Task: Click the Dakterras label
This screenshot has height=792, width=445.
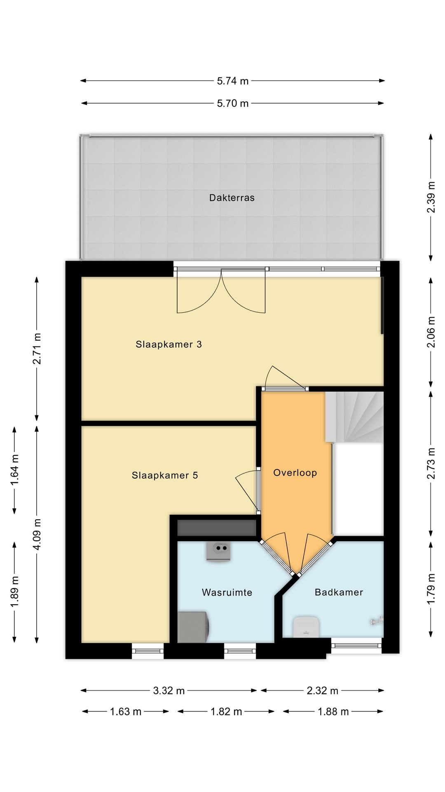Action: click(x=232, y=198)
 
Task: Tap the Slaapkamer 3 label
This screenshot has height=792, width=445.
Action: click(x=169, y=344)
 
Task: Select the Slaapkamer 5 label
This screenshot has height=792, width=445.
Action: click(x=165, y=475)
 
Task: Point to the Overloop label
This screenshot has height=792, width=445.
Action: click(x=295, y=473)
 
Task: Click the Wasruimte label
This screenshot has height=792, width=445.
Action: click(x=227, y=592)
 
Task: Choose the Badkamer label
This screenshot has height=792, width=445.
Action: click(x=339, y=592)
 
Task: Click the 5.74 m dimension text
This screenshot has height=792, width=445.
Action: click(x=233, y=81)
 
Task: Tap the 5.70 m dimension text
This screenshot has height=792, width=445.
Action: click(x=233, y=103)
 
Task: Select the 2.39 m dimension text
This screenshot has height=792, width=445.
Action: click(x=431, y=197)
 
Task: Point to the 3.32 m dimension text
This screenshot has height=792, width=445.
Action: click(x=169, y=691)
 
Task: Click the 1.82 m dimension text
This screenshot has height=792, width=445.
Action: click(x=226, y=712)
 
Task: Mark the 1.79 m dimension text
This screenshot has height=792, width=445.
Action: click(x=431, y=589)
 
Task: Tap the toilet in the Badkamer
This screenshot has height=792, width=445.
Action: click(x=305, y=627)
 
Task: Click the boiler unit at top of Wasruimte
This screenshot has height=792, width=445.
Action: click(x=218, y=552)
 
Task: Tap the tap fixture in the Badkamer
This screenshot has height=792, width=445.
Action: click(x=377, y=620)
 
